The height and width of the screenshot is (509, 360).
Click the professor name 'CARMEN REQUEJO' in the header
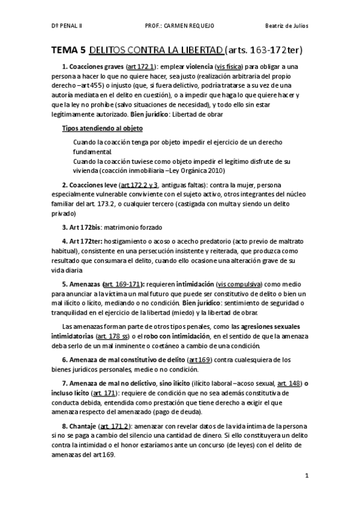pyautogui.click(x=193, y=26)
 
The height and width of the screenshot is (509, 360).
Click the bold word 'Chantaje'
pyautogui.click(x=84, y=425)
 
